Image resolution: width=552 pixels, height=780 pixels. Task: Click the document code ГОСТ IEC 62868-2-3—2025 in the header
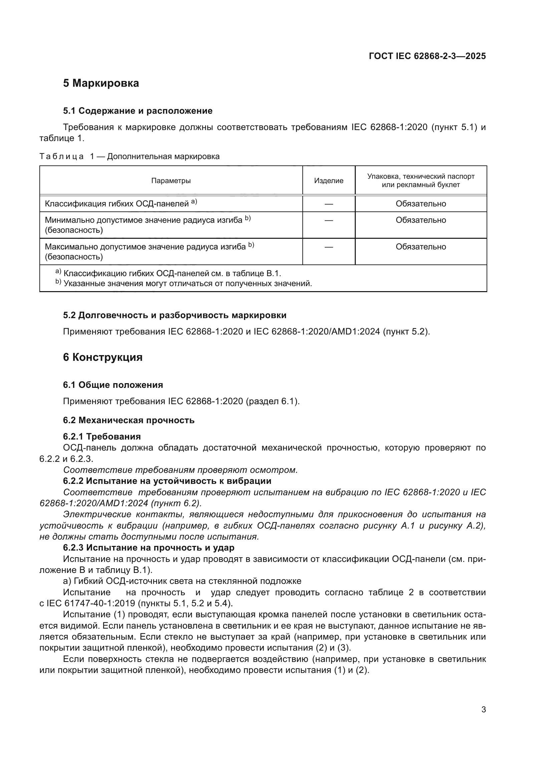(427, 56)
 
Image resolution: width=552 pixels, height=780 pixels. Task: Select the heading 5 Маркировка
(101, 83)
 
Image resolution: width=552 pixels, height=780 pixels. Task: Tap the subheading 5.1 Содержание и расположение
(137, 111)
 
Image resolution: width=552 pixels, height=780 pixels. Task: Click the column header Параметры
(171, 181)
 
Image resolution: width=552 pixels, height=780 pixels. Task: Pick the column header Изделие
(329, 181)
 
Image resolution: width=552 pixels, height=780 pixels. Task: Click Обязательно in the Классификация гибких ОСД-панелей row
(421, 204)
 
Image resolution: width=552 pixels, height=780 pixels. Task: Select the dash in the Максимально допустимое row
(329, 247)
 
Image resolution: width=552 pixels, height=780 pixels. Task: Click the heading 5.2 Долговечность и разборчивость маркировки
(175, 315)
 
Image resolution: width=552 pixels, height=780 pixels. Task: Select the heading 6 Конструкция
(103, 357)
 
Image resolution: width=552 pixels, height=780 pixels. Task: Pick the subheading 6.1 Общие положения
(113, 385)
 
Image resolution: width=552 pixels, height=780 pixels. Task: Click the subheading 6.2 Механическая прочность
(128, 420)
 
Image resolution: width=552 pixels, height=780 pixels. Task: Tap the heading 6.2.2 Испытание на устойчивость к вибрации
(167, 481)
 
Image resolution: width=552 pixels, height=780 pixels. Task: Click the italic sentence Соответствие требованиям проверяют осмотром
(181, 470)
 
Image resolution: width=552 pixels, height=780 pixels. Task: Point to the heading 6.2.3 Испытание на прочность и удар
(149, 548)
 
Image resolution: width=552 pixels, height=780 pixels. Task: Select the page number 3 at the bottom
(483, 710)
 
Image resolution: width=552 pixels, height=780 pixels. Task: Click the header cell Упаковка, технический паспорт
(421, 177)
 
